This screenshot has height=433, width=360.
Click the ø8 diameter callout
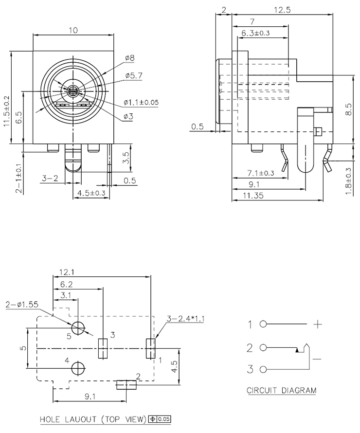pos(130,58)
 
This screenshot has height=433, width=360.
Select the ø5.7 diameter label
pos(133,75)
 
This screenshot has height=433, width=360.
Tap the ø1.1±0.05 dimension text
pos(141,102)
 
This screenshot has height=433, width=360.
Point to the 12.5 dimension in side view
pos(282,10)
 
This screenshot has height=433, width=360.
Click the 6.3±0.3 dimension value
pos(255,33)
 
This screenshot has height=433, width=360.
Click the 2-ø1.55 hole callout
pos(20,305)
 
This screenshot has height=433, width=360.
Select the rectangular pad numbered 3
pos(102,348)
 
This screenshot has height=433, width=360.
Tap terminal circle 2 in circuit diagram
pos(264,347)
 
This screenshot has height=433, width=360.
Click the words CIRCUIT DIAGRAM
pos(281,390)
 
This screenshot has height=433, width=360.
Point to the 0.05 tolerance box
pos(165,418)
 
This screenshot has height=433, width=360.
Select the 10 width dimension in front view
pos(73,30)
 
